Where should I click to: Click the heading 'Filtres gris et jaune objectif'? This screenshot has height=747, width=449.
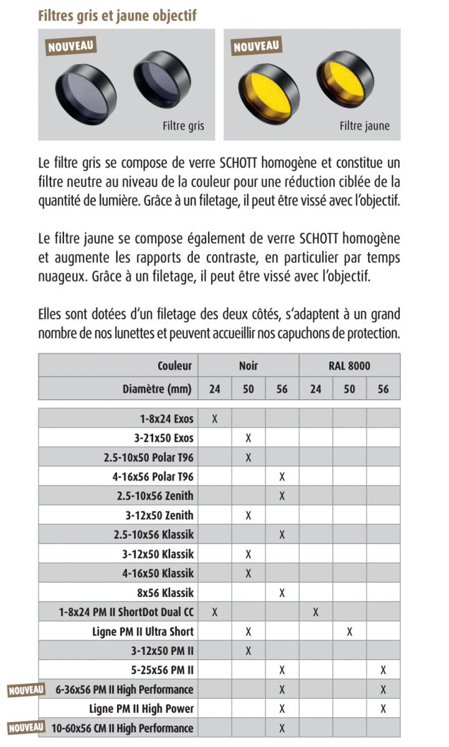pos(117,16)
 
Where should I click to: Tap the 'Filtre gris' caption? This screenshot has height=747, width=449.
pos(183,126)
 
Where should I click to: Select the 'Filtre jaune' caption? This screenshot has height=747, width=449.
pos(364,126)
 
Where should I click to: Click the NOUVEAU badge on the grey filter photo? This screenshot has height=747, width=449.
pos(71,45)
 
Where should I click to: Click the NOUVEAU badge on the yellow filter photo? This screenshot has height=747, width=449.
pos(257,45)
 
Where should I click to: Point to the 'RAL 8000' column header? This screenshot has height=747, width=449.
pos(349,366)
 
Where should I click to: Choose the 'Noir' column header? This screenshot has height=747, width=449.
pos(248,366)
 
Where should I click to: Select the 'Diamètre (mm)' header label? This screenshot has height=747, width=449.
pos(158,390)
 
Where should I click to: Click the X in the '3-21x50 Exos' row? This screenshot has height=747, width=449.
pos(248,438)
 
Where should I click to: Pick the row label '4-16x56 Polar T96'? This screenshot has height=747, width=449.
pos(153,477)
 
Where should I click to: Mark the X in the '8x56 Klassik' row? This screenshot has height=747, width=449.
pos(282,593)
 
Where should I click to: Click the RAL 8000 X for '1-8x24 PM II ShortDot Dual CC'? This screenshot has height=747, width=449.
pos(316,612)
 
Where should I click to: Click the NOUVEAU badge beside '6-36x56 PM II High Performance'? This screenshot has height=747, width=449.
pos(26,690)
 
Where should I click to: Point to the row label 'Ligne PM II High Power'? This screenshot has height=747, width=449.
pos(141,709)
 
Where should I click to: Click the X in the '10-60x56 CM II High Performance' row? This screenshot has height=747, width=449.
pos(282,728)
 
